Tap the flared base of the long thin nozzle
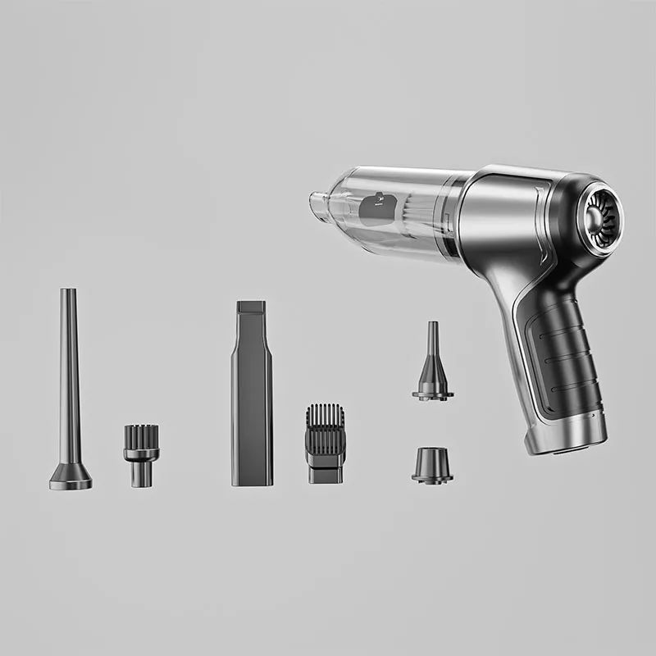(70, 477)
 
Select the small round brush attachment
(141, 455)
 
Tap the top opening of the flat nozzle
(251, 306)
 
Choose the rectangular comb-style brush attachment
(326, 443)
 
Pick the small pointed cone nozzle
(432, 365)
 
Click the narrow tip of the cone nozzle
(432, 328)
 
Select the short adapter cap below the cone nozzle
(432, 465)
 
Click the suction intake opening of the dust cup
(317, 203)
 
